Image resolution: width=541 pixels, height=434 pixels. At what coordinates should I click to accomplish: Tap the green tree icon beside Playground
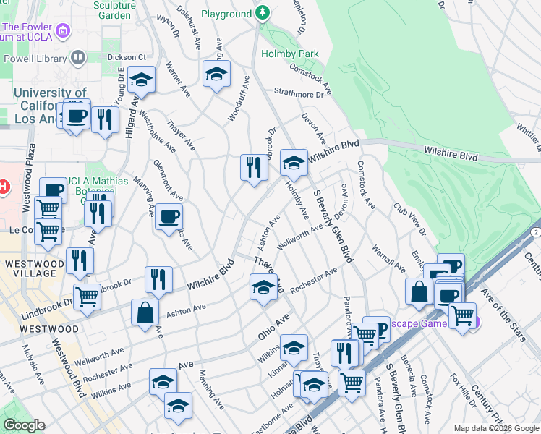(x=263, y=13)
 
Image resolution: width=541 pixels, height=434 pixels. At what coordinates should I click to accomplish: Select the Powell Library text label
(x=34, y=59)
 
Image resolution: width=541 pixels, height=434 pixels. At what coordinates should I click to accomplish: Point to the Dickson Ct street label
(x=127, y=57)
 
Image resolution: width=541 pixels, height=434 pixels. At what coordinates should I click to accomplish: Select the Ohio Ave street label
(x=274, y=328)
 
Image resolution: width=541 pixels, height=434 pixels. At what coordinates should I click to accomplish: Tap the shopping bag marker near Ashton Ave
(x=145, y=312)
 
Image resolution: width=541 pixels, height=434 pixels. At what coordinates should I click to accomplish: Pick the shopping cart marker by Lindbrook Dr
(x=87, y=295)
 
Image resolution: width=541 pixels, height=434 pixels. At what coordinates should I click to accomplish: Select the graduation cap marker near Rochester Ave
(x=263, y=287)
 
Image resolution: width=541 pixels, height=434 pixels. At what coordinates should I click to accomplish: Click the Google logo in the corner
(x=25, y=425)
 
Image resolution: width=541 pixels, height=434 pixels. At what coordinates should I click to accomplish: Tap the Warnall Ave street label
(x=389, y=258)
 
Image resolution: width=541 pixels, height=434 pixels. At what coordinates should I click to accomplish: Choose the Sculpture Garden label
(x=114, y=9)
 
